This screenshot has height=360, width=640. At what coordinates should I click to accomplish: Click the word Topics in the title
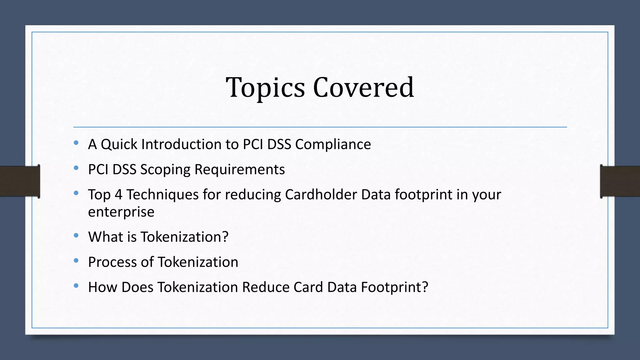[x=265, y=88]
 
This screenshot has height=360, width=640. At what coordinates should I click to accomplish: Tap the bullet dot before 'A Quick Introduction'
[x=76, y=143]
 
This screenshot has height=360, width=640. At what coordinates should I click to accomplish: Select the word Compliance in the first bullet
[x=333, y=144]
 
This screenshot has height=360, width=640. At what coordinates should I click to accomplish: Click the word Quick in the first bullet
[x=119, y=145]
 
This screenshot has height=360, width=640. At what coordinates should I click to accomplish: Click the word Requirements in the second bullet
[x=239, y=170]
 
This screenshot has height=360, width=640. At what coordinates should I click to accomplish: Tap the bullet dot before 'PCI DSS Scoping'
[x=76, y=168]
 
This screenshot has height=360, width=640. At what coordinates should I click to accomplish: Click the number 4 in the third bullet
[x=118, y=194]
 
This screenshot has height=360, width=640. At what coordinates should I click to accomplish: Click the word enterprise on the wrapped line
[x=121, y=212]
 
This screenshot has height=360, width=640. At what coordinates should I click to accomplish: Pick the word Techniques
[x=162, y=194]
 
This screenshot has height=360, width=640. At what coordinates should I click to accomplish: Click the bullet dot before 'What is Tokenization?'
[x=76, y=236]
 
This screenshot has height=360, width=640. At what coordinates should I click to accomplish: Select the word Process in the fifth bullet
[x=112, y=262]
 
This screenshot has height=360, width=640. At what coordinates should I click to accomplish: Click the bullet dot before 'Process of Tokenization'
[x=76, y=261]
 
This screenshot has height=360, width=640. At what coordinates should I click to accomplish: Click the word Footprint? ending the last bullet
[x=394, y=287]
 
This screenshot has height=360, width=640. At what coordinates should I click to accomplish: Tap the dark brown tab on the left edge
[x=19, y=181]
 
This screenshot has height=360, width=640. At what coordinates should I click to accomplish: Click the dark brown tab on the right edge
[x=620, y=181]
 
